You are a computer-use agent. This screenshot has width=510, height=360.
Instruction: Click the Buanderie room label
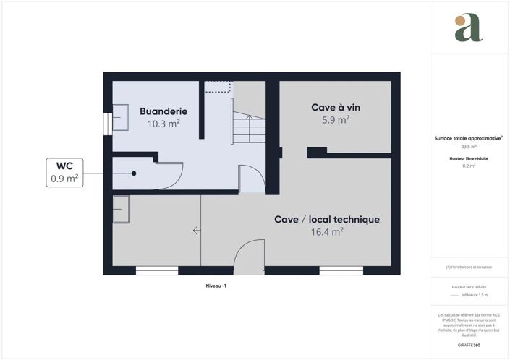(163, 111)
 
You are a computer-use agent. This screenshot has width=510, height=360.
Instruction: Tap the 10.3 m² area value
(163, 124)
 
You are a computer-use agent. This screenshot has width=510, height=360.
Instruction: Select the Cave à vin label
(336, 107)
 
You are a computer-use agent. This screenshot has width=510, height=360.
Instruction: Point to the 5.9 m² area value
(336, 120)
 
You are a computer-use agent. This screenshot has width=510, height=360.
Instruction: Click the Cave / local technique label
(327, 219)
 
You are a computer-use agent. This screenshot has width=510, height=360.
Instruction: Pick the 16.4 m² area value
(327, 232)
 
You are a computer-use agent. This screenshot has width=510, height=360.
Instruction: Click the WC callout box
(64, 173)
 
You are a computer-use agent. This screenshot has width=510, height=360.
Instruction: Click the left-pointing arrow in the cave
(197, 231)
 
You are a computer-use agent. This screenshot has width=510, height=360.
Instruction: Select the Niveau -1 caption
(216, 287)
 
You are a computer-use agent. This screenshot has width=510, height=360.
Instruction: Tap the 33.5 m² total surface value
(469, 146)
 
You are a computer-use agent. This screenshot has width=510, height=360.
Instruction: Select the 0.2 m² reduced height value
(469, 166)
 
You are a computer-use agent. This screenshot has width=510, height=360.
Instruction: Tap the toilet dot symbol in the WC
(134, 173)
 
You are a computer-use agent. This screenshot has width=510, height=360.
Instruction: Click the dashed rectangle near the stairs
(217, 87)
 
